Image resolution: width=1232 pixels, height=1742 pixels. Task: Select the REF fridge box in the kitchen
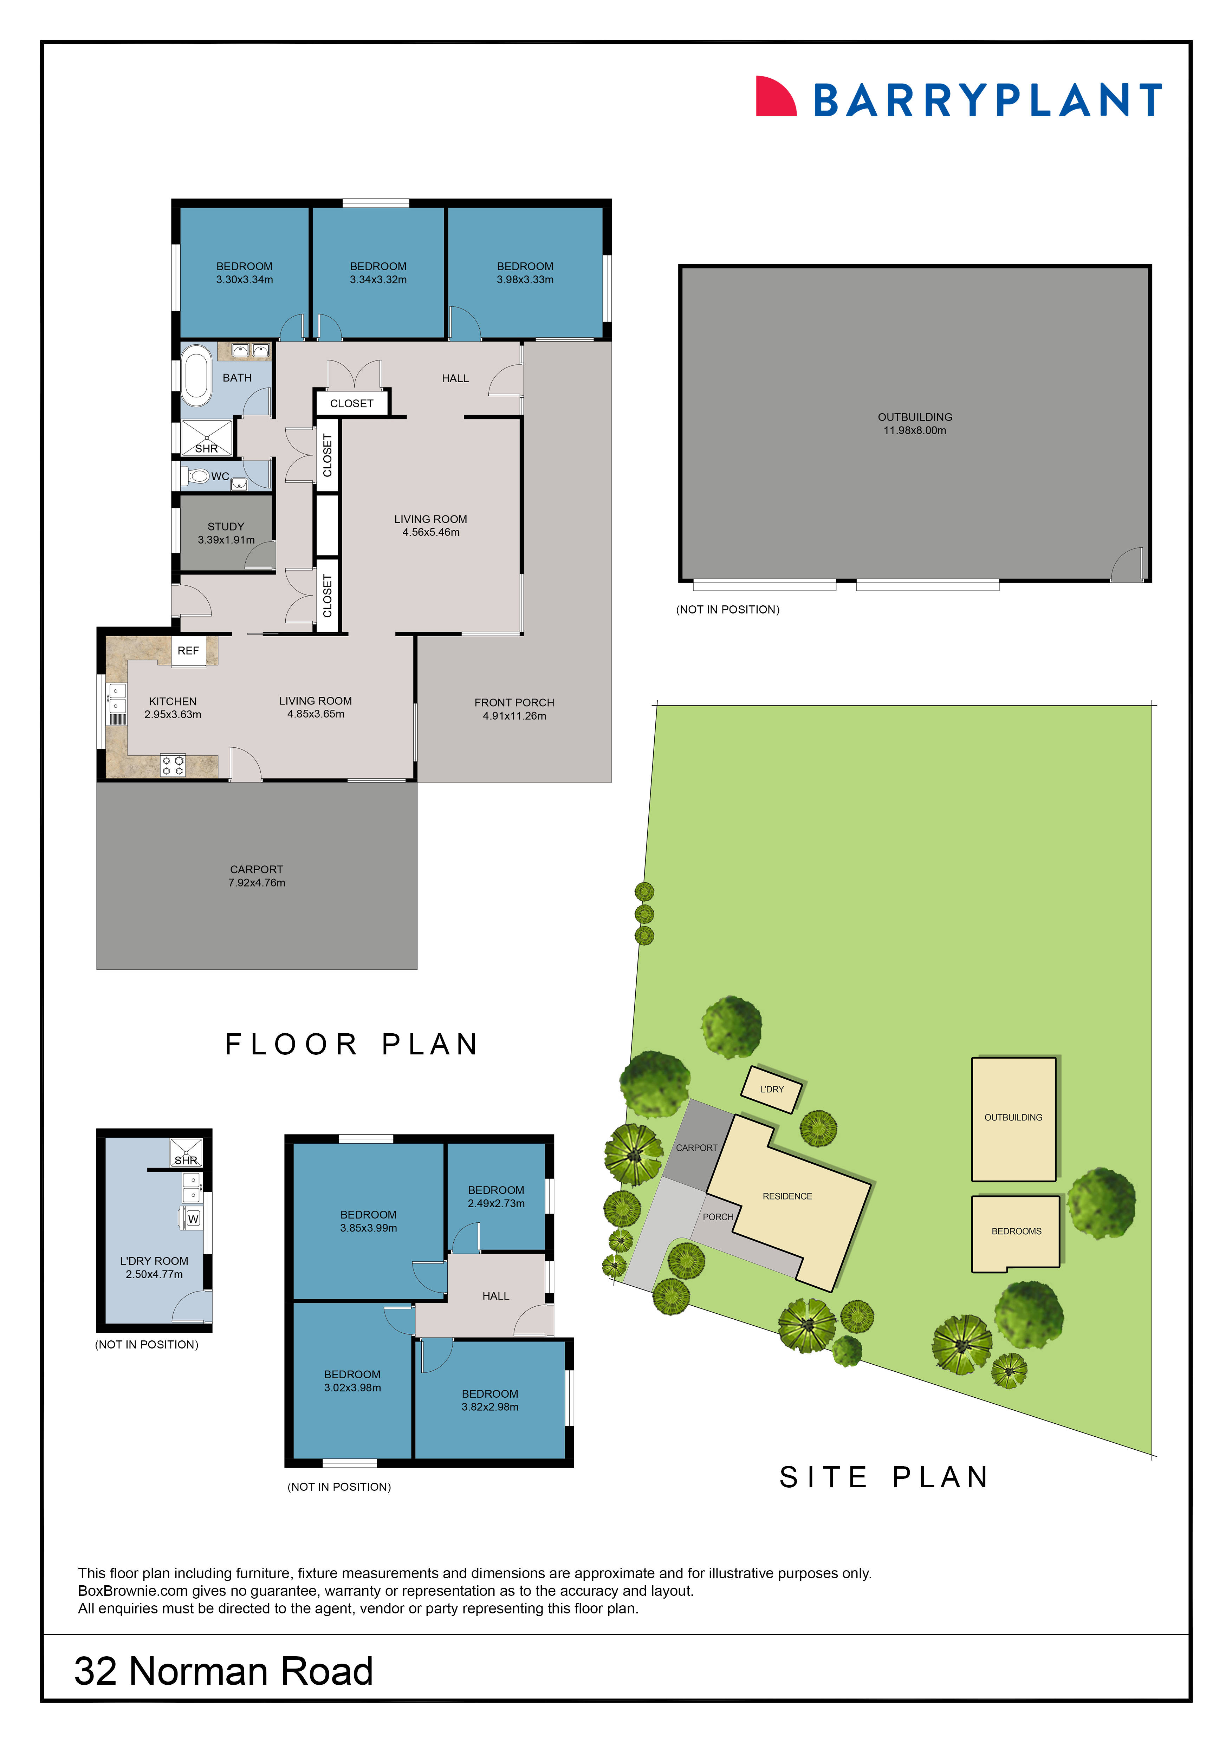188,651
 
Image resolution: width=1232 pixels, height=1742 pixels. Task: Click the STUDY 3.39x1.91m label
226,533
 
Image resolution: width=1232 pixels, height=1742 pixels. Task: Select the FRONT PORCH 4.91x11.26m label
514,709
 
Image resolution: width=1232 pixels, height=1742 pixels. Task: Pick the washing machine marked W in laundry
193,1218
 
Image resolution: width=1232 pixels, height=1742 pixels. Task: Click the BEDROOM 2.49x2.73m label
496,1196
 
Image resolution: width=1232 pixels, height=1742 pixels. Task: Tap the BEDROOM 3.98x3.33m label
525,272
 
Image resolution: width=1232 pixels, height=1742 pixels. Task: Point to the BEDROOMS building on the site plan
1016,1231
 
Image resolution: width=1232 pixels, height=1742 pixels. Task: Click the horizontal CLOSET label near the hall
351,404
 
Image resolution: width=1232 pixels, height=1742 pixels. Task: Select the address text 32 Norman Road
224,1671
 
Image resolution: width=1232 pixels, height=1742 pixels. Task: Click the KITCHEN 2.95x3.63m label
173,708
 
